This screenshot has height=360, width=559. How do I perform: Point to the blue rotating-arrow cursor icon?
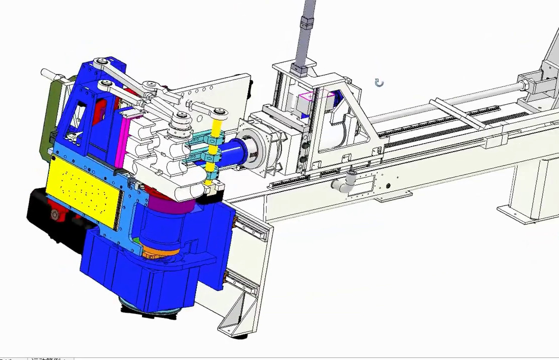(x=379, y=83)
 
